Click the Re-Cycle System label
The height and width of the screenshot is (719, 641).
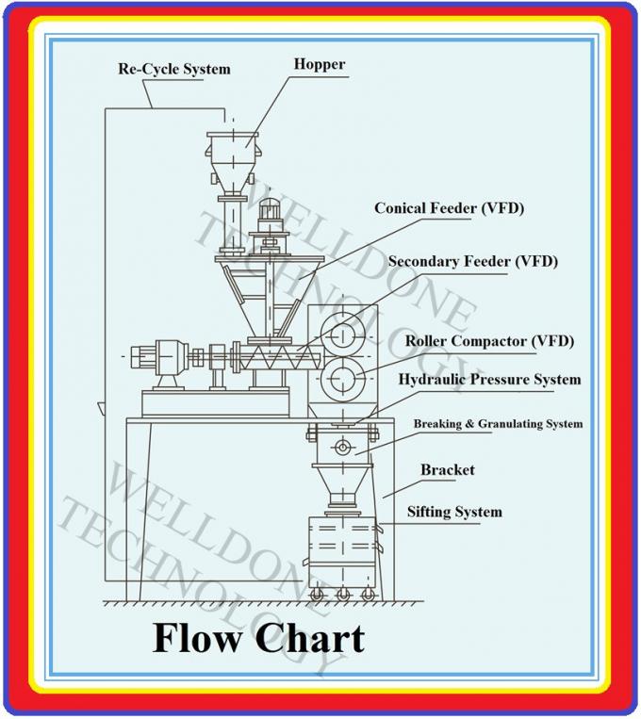click(173, 70)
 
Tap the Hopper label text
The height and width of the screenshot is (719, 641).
click(319, 65)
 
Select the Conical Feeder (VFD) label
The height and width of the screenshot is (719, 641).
click(449, 207)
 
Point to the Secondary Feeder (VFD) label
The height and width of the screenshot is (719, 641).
click(472, 261)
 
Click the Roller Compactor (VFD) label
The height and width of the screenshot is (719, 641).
click(489, 340)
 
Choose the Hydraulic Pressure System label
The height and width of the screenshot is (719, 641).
click(489, 380)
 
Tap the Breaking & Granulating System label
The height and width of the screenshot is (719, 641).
click(498, 424)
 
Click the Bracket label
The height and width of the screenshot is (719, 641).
click(447, 469)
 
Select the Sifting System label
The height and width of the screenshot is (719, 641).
click(453, 512)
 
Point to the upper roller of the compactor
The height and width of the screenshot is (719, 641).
click(341, 335)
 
